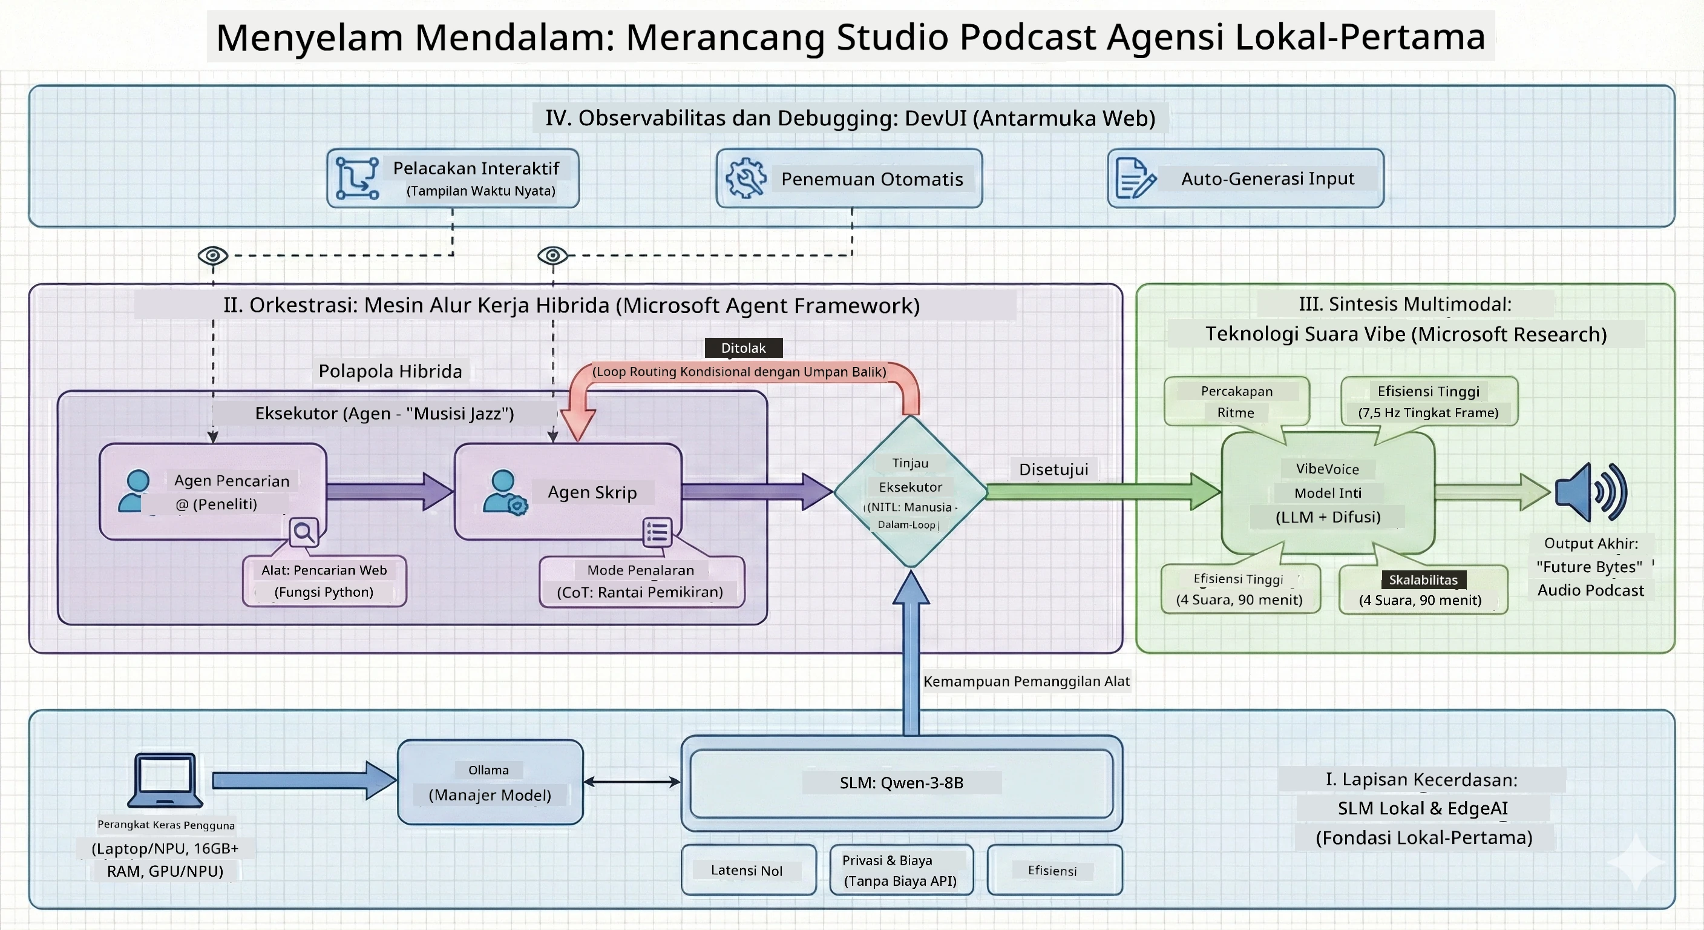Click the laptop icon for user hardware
165,780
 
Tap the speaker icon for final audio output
1591,492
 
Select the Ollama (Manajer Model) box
490,782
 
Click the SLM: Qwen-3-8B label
901,782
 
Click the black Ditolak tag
744,348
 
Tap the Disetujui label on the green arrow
1053,469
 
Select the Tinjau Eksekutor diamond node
911,491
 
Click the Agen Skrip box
568,491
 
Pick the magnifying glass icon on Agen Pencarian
304,532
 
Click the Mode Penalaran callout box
641,581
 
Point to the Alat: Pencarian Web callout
324,581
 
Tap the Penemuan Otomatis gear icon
745,178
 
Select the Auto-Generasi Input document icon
1135,178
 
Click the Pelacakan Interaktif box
453,178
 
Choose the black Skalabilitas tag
1423,580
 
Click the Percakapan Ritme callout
1236,401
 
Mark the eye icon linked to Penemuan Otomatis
552,255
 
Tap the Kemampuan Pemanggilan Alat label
1026,681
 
